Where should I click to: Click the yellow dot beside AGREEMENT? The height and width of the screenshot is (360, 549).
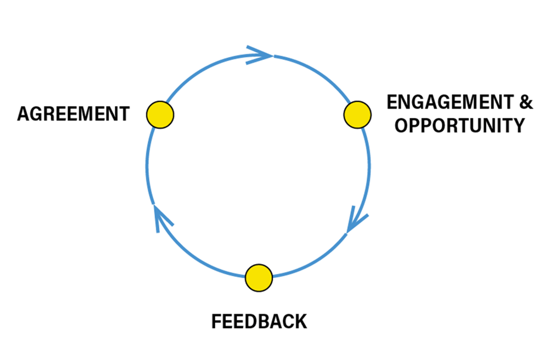tap(160, 115)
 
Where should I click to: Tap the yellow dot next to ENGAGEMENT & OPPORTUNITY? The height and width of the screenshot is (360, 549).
tap(357, 115)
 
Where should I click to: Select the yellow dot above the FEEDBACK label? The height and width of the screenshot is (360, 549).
tap(259, 277)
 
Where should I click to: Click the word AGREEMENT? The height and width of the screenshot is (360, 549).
tap(73, 114)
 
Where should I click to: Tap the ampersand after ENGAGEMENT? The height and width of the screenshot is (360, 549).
tap(526, 102)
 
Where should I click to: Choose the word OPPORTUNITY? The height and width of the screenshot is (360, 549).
tap(460, 126)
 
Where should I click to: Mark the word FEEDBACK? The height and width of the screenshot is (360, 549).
tap(259, 321)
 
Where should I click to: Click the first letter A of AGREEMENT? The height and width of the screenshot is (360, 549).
tap(23, 114)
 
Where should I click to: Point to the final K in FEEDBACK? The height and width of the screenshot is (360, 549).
tap(301, 321)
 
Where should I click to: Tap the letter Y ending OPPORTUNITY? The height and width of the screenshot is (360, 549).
tap(518, 126)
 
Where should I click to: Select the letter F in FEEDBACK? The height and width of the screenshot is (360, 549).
tap(217, 321)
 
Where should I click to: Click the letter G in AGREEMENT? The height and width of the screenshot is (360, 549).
tap(35, 114)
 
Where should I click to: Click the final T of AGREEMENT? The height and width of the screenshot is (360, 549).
tap(124, 114)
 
